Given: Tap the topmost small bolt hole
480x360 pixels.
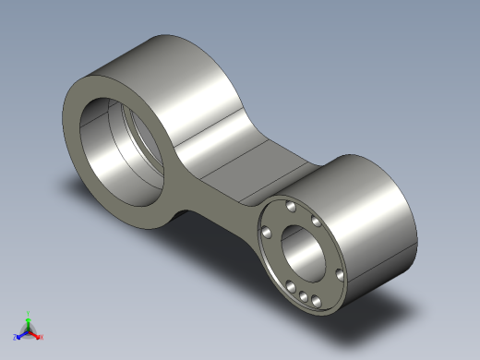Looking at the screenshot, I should click(292, 206).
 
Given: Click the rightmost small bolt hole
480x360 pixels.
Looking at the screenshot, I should click(339, 274).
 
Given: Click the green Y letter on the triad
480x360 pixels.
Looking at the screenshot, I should click(29, 313).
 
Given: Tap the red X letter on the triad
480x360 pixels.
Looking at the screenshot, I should click(42, 337).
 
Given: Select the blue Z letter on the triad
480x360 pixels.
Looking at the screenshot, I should click(16, 338).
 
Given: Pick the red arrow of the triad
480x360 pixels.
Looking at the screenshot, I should click(36, 334).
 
